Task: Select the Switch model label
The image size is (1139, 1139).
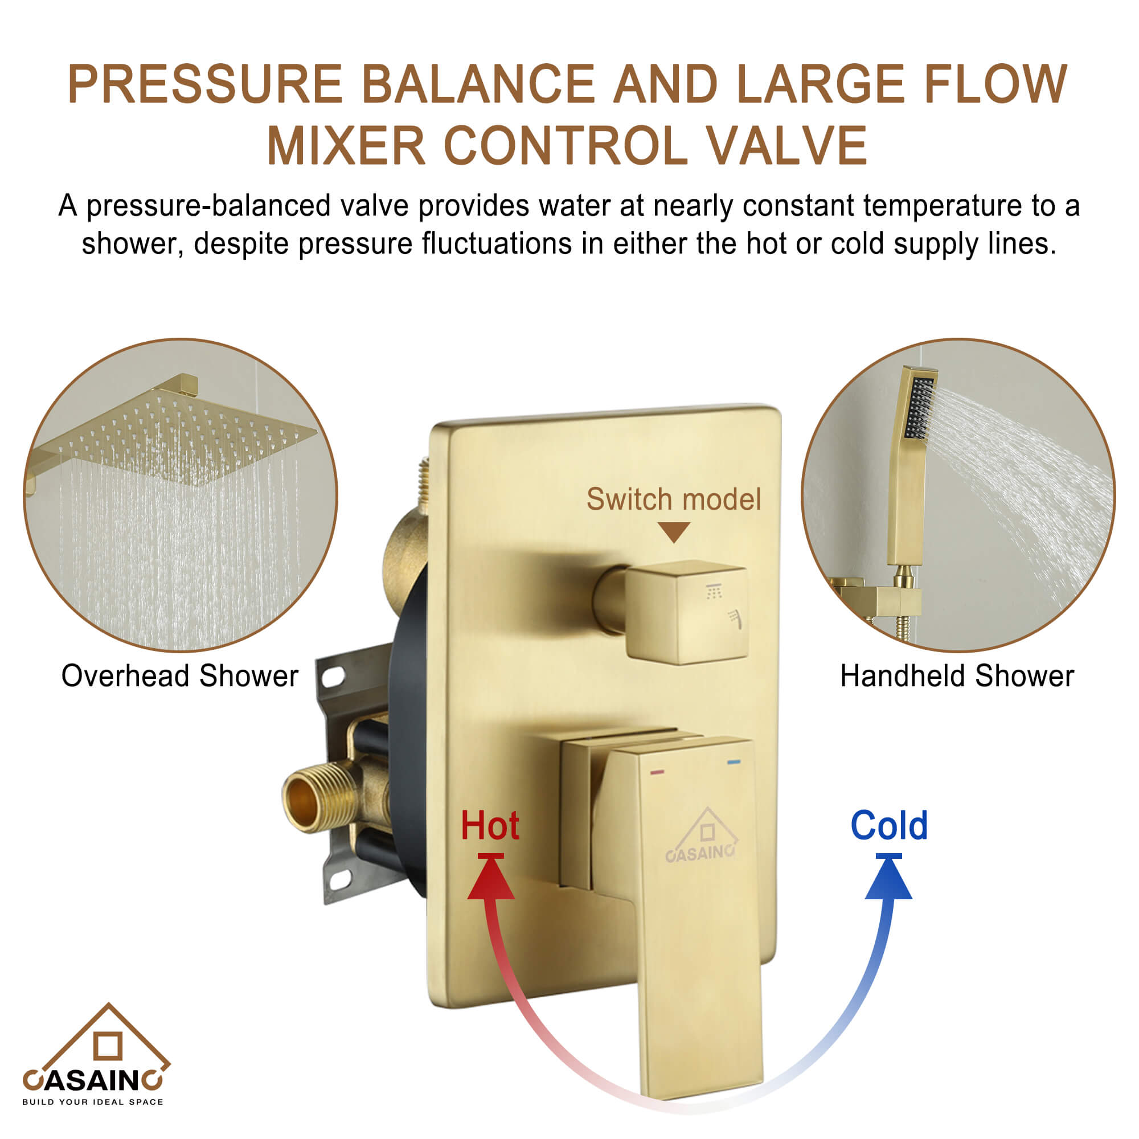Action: coord(673,499)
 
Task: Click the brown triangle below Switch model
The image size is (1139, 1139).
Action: coord(674,532)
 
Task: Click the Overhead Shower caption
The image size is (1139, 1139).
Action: coord(180,675)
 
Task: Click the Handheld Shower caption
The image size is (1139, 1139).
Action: coord(957,675)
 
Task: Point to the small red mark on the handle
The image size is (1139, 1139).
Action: coord(657,772)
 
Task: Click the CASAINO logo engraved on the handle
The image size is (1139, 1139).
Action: coord(702,837)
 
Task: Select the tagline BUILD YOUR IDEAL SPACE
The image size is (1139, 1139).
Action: coord(93,1102)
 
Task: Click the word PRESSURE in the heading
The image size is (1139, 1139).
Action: coord(204,84)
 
